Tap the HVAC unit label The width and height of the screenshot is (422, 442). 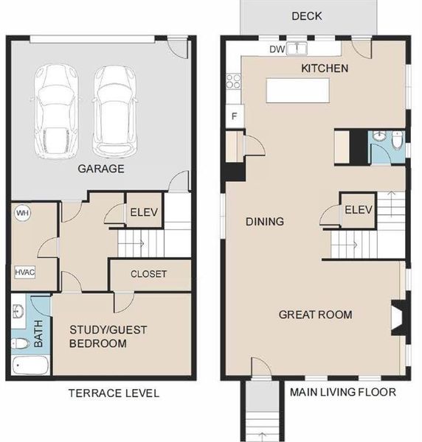tap(24, 272)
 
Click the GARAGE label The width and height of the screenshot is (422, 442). tap(100, 169)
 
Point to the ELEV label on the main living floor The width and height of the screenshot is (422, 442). tap(358, 208)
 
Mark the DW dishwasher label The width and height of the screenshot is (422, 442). tap(277, 49)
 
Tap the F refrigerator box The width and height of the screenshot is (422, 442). tap(235, 116)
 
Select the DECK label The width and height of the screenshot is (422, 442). tap(306, 15)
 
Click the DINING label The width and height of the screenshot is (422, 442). tap(264, 221)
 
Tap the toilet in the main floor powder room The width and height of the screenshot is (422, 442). tap(397, 139)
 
